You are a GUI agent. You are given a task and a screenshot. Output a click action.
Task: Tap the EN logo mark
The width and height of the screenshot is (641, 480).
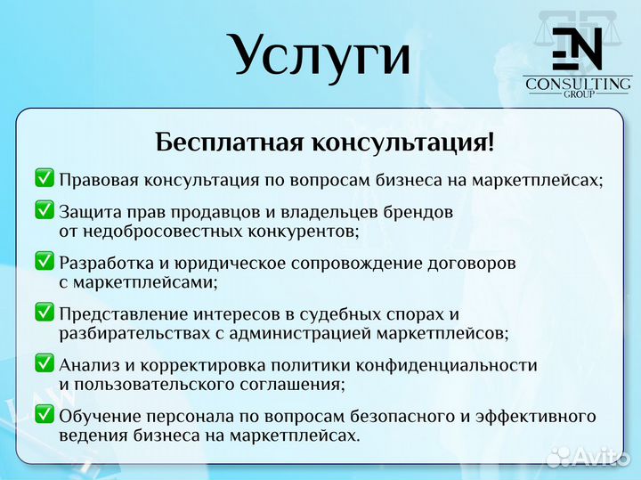click(577, 50)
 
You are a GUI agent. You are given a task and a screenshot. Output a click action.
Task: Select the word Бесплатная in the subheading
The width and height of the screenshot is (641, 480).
click(228, 142)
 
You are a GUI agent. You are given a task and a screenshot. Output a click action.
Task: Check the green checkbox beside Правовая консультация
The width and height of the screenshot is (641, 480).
click(45, 178)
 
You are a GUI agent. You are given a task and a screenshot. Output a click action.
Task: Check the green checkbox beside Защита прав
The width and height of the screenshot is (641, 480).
click(45, 211)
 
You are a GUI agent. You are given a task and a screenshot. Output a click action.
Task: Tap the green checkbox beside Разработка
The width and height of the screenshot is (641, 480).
click(45, 262)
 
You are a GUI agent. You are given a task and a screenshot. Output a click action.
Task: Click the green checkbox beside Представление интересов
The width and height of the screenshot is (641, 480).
click(45, 313)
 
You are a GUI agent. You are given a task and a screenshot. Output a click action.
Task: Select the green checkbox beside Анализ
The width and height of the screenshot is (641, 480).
click(45, 364)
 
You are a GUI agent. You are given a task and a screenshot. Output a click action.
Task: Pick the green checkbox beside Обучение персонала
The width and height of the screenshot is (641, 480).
click(45, 415)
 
